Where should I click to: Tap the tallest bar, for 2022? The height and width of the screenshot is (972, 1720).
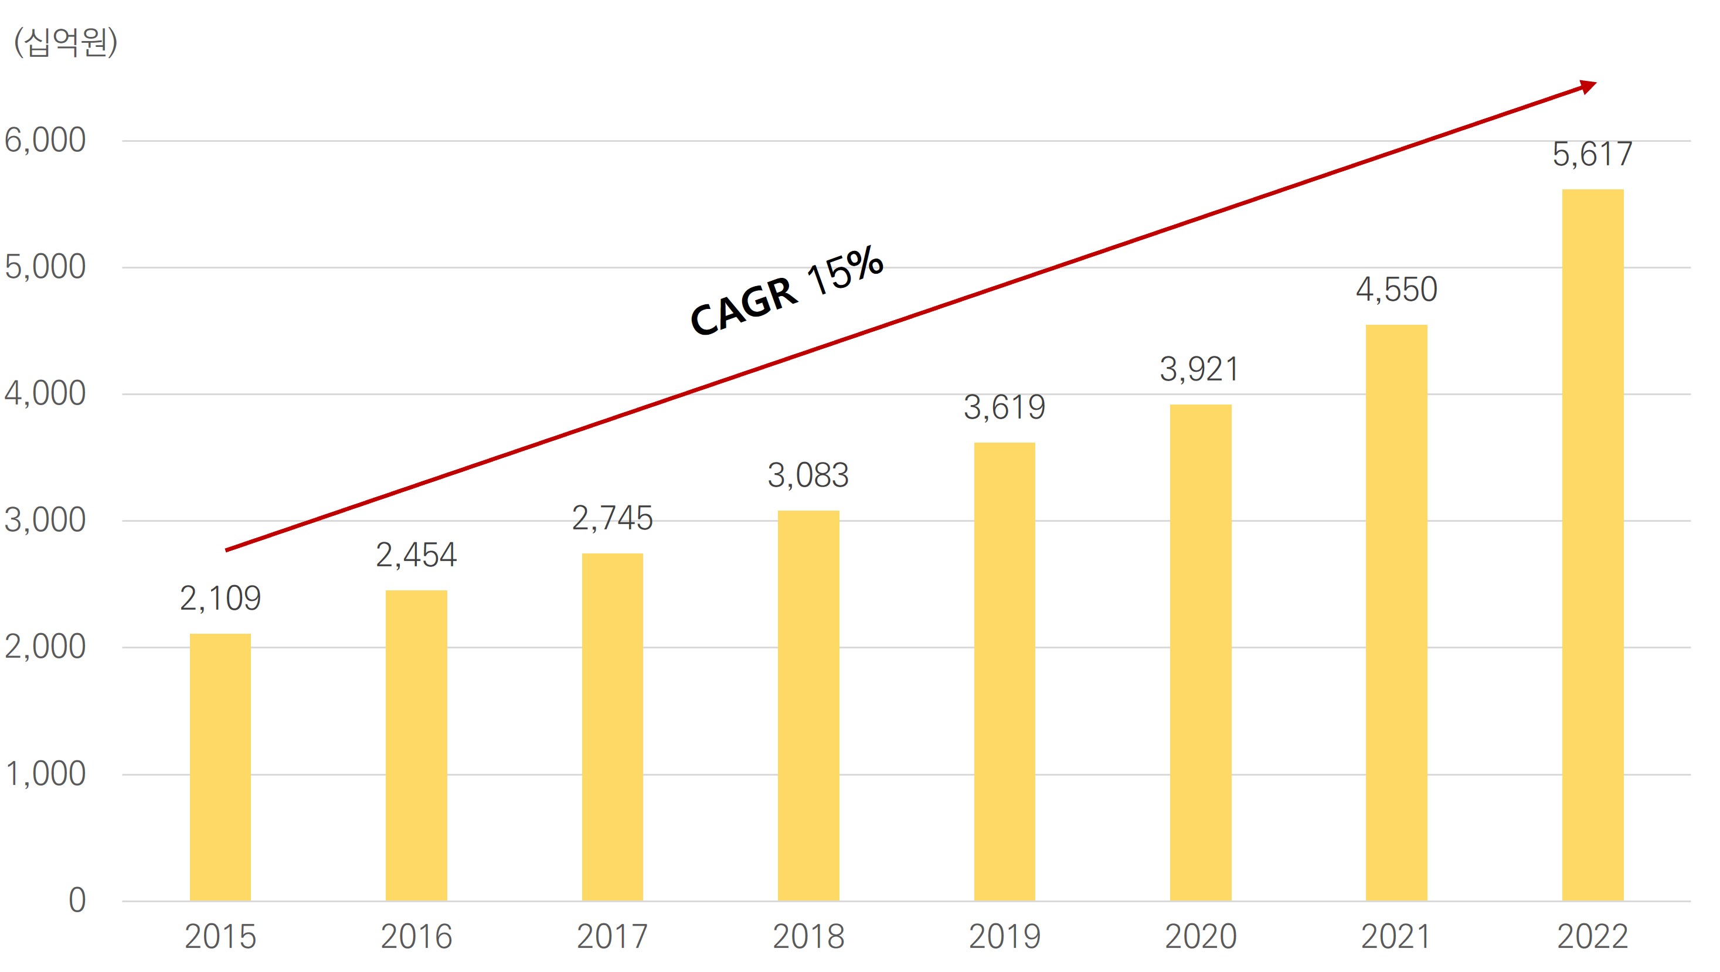[1592, 545]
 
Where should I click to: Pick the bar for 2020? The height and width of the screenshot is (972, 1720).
[1200, 652]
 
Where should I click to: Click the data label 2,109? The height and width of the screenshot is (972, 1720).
[220, 598]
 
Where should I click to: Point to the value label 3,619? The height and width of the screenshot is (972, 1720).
[1004, 407]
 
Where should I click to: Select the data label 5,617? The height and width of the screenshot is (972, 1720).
[1592, 154]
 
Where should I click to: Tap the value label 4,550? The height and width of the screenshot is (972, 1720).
[1396, 290]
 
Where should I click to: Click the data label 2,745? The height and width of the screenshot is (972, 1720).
[611, 518]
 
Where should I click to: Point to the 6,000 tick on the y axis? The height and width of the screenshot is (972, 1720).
[45, 140]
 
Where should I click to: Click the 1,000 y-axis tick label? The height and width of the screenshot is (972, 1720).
[45, 774]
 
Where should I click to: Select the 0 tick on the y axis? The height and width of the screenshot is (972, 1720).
[77, 900]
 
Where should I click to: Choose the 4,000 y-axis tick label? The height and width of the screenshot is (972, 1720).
[45, 393]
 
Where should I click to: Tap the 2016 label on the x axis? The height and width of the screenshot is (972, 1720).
[416, 937]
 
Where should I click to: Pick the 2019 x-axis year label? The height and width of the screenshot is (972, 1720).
[1004, 937]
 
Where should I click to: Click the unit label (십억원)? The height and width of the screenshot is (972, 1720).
[66, 43]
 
